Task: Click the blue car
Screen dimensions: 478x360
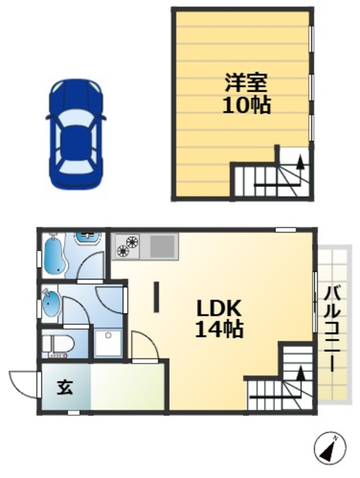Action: tap(75, 133)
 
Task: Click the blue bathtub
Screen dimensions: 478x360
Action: tap(55, 255)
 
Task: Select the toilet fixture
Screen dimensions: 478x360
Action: tap(57, 344)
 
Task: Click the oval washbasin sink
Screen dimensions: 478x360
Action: tap(52, 303)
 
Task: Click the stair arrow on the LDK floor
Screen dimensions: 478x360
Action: tap(300, 374)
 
